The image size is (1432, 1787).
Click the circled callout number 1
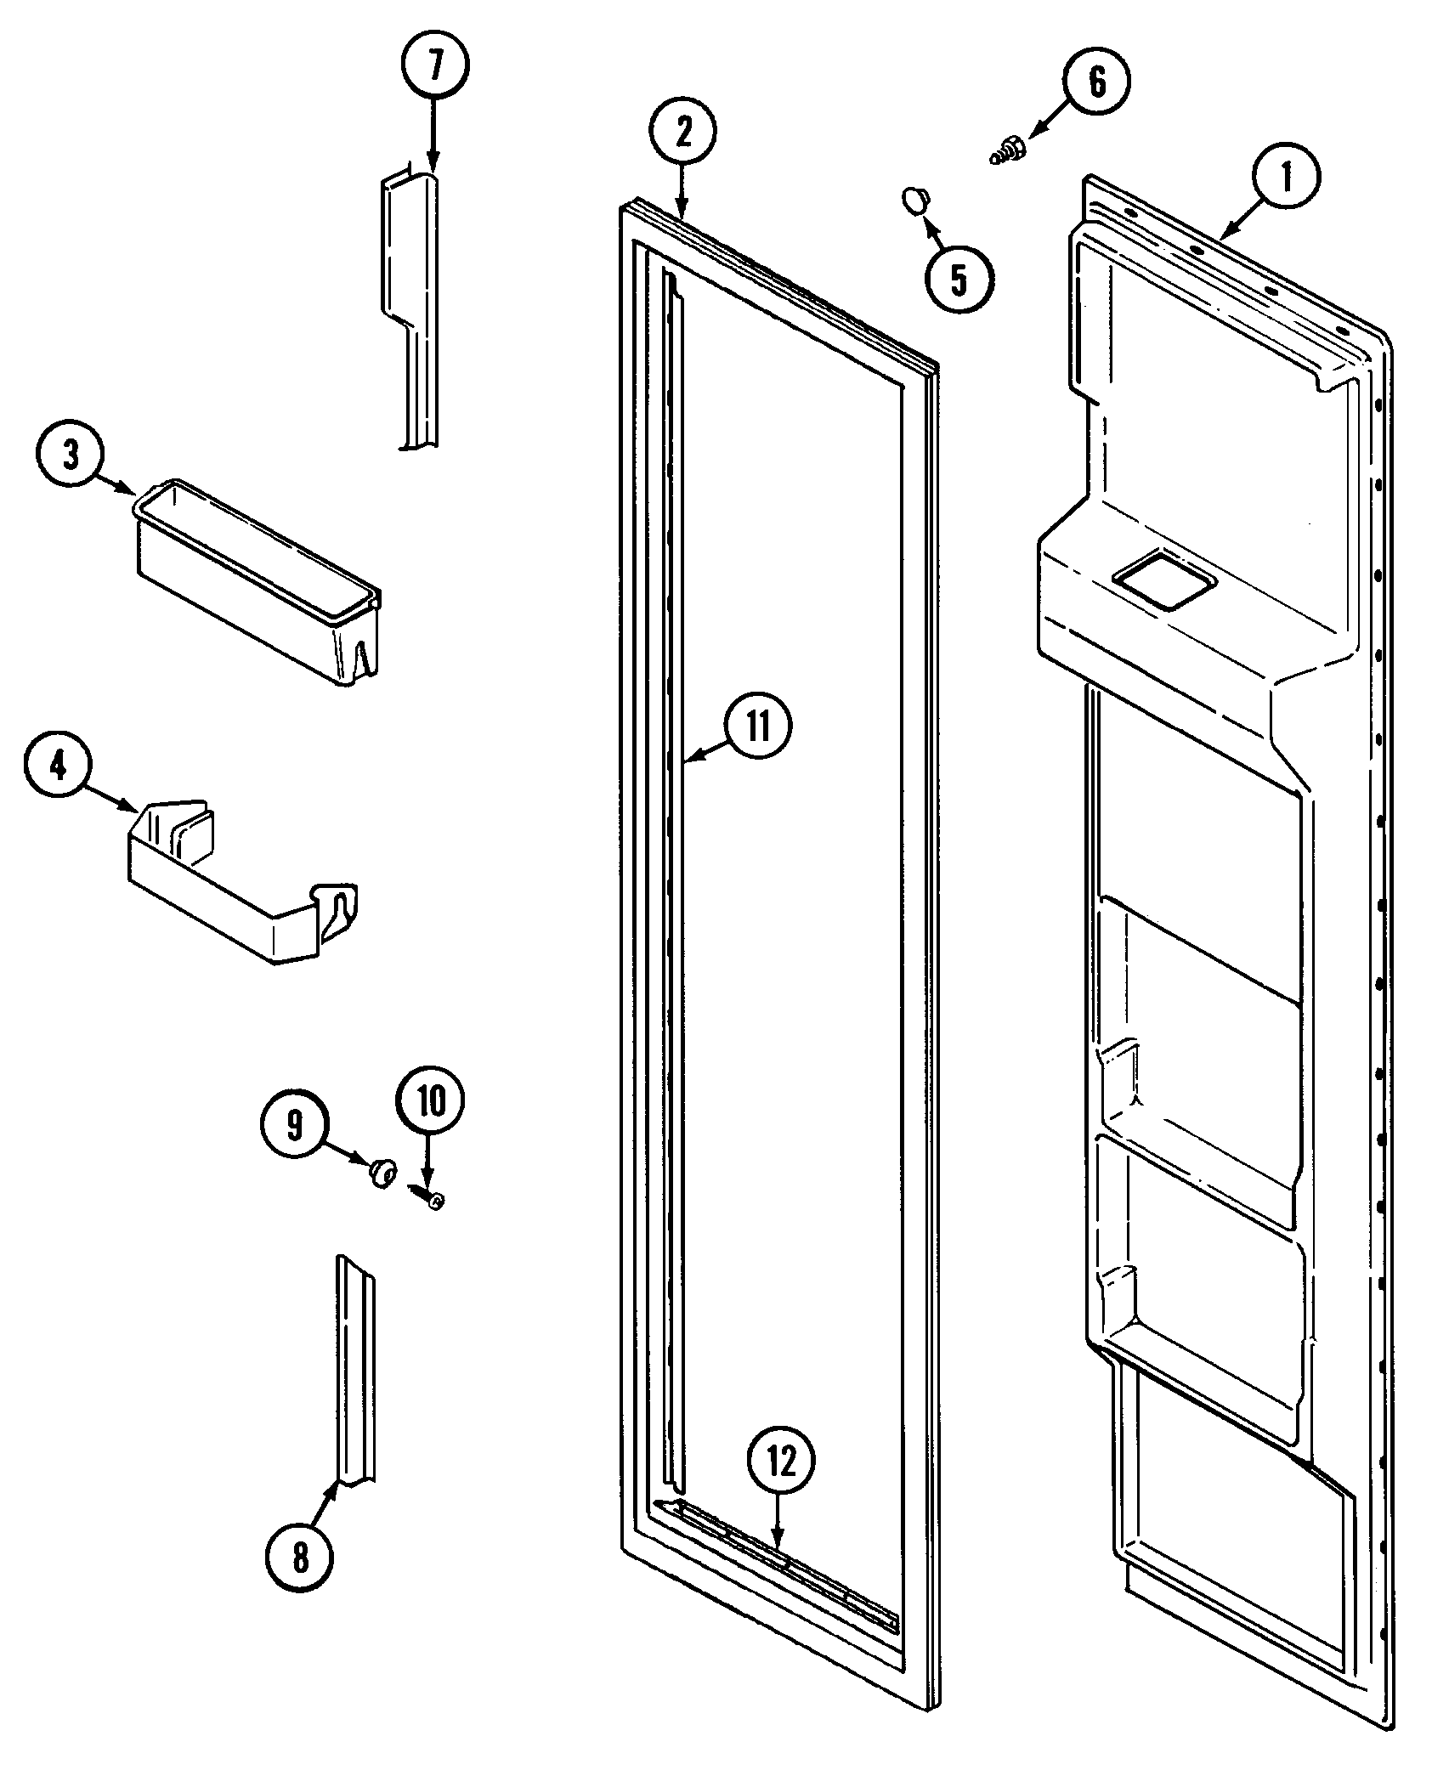click(1286, 178)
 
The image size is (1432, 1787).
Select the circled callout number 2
click(683, 130)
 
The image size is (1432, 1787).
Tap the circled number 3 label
click(71, 455)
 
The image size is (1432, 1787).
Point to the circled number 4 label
click(58, 767)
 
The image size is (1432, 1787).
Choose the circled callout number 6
click(1096, 82)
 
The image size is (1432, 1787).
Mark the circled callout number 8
click(299, 1558)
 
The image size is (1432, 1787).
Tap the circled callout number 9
click(294, 1126)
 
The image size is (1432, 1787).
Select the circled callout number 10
click(430, 1102)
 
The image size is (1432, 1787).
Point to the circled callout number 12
click(781, 1461)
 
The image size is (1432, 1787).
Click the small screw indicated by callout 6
click(1009, 151)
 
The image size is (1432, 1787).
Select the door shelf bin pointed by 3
click(255, 582)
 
